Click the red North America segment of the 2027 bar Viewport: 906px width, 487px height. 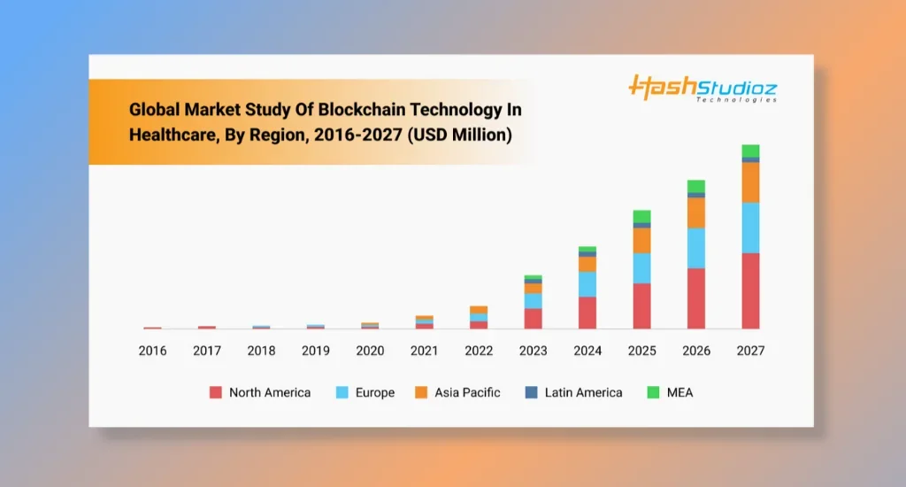coord(750,290)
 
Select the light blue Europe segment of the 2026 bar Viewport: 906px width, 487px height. coord(696,248)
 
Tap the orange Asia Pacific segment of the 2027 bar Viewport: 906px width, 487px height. coord(750,182)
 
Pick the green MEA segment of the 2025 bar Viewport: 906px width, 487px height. coord(641,216)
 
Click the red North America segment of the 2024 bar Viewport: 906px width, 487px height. coord(587,313)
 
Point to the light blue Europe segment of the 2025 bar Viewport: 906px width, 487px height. coord(641,267)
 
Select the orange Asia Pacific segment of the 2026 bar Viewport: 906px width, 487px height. coord(696,213)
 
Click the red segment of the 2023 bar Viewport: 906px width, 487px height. coord(533,319)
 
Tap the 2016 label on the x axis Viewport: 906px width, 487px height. coord(152,351)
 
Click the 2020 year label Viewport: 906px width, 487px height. coord(370,351)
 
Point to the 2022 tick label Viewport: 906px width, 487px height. coord(479,351)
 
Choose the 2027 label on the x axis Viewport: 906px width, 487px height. coord(750,351)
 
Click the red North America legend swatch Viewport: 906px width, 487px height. coord(215,392)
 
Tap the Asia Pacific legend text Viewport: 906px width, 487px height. coord(467,392)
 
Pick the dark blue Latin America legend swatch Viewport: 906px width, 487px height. coord(531,392)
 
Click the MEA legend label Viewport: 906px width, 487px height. coord(680,392)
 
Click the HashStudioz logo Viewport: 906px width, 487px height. coord(703,89)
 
